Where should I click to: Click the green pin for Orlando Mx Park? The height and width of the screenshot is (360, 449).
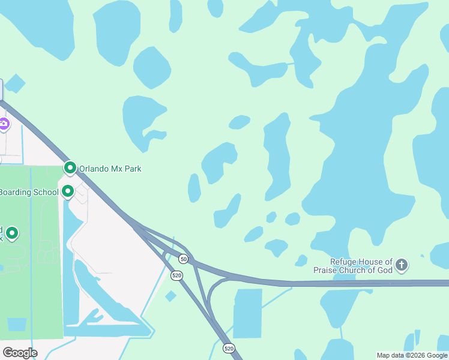[x=70, y=169]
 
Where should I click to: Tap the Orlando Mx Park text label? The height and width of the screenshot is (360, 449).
[x=110, y=169]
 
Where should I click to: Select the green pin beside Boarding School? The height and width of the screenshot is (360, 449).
[x=68, y=191]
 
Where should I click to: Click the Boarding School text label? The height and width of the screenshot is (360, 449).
[x=29, y=192]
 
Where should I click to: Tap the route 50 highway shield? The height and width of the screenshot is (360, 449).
[x=184, y=259]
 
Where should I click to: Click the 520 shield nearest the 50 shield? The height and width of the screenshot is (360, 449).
[x=176, y=275]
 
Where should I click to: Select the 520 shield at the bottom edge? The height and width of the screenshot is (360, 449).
[x=228, y=348]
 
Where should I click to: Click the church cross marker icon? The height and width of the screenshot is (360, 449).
[x=402, y=265]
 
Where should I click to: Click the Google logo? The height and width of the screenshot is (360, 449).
[x=20, y=353]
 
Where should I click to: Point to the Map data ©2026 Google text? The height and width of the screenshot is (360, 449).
[x=412, y=355]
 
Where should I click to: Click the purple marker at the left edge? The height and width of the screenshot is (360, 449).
[x=4, y=125]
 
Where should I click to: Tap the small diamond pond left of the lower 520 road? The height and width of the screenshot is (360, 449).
[x=171, y=296]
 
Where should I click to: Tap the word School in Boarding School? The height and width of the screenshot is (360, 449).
[x=47, y=192]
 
